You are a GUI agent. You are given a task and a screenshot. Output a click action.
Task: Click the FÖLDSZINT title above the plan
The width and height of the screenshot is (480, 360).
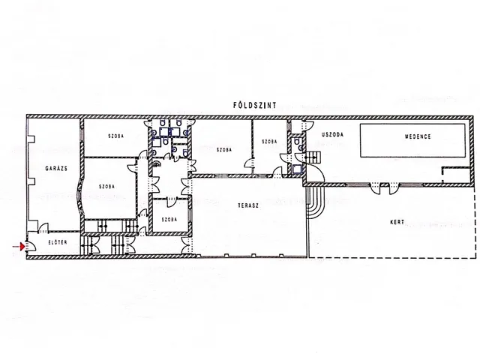coord(255,105)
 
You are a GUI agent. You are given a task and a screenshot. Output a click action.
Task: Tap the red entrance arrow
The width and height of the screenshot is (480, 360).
coord(19,246)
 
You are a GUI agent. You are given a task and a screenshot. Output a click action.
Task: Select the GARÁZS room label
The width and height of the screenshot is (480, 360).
coord(56,168)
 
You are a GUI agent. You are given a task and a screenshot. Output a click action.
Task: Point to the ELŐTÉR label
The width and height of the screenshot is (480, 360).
coord(58,242)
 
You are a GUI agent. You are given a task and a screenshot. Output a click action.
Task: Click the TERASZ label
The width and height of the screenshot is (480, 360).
coord(248,205)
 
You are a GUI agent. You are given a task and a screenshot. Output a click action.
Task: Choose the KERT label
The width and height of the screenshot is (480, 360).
coord(397,222)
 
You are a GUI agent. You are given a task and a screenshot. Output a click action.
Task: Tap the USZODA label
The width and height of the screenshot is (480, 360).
coord(332,134)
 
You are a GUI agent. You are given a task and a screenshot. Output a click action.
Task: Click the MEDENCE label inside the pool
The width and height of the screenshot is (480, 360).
coord(418,136)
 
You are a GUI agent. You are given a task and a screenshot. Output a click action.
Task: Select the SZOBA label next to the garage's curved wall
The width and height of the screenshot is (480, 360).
coord(106,187)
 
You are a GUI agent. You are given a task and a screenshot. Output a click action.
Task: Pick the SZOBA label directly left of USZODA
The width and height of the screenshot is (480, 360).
coord(269,142)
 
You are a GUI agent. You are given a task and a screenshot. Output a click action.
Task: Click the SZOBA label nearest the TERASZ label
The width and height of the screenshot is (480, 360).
coord(224,150)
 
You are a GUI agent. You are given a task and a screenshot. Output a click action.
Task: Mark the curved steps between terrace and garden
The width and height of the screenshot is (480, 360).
coord(315,202)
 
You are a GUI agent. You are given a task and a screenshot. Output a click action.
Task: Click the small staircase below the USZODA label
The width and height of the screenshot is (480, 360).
coord(313,157)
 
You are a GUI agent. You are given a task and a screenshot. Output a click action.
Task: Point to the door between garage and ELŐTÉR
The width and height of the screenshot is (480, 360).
coord(43,228)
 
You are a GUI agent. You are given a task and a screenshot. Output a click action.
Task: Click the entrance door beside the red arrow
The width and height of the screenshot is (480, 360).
coord(31,245)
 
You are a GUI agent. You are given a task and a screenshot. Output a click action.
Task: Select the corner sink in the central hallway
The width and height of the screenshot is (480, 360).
coord(157,163)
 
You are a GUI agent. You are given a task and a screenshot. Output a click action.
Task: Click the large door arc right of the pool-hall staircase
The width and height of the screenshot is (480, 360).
coord(318,172)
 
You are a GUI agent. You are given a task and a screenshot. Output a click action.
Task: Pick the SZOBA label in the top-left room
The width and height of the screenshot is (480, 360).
coord(116,136)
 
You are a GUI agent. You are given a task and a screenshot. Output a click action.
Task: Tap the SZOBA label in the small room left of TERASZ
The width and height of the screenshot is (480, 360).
coord(169,220)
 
